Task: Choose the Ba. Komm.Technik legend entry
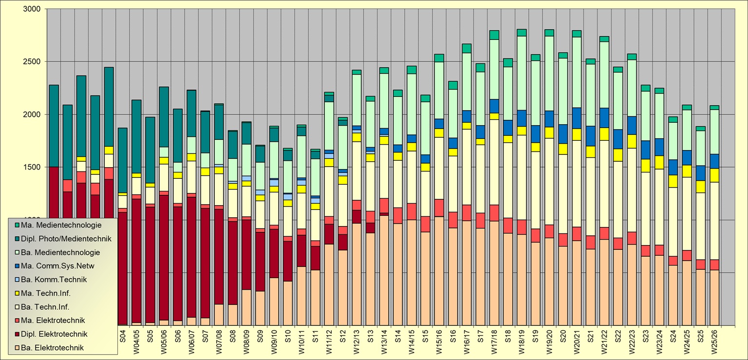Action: point(58,280)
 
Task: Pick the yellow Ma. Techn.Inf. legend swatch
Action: point(18,293)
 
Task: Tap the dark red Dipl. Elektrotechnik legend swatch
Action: point(18,334)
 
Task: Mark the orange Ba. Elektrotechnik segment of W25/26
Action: point(714,297)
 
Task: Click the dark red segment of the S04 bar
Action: point(123,268)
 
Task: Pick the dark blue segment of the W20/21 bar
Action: point(577,118)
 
